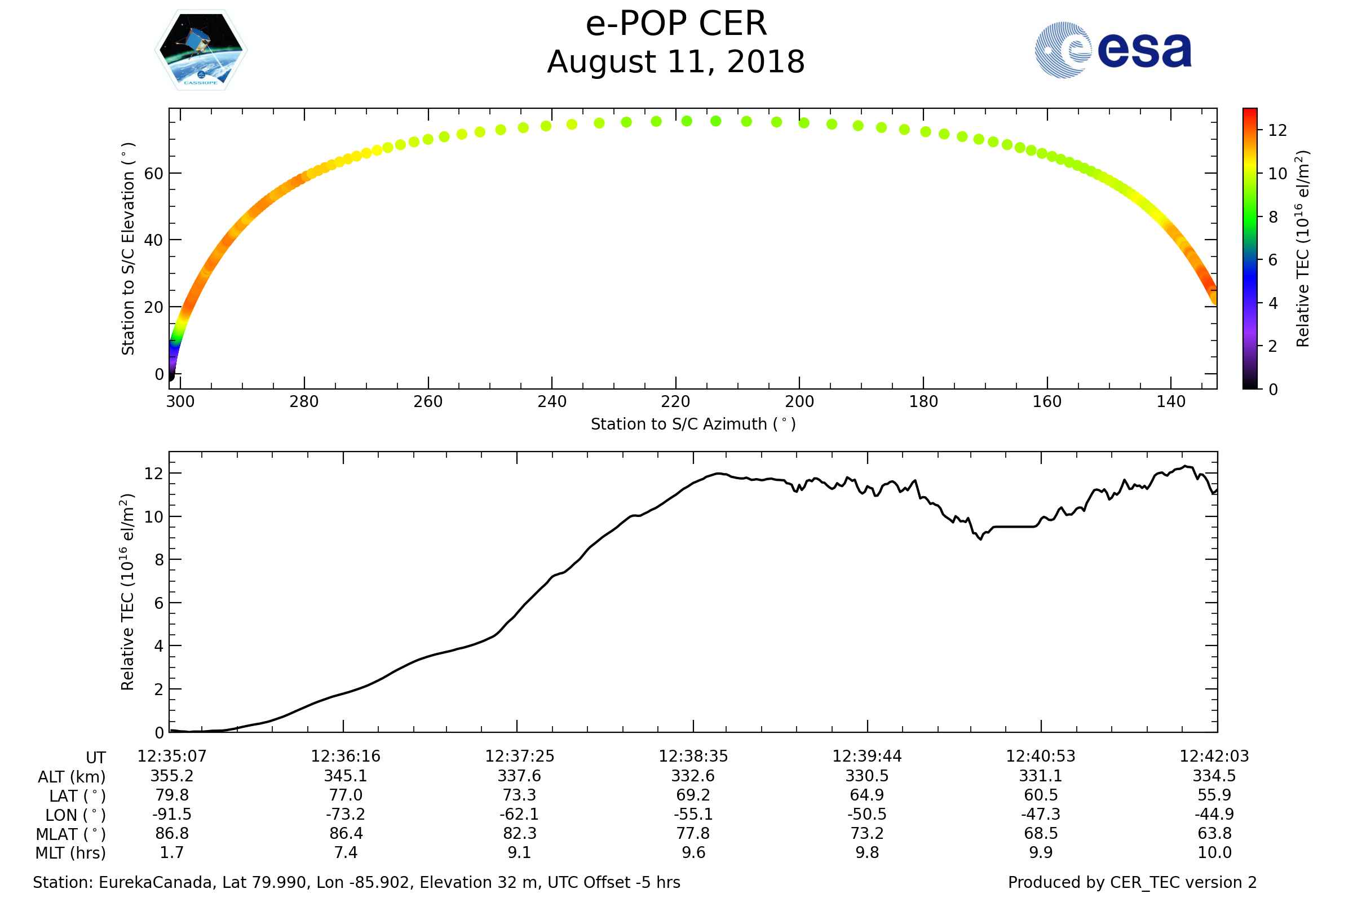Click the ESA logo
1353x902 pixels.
click(x=1112, y=50)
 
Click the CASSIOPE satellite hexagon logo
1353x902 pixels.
click(x=201, y=50)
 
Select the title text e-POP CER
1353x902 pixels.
click(x=676, y=24)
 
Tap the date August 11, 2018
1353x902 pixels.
click(x=676, y=62)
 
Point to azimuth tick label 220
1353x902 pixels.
click(x=675, y=401)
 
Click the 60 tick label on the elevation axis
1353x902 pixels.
click(x=153, y=174)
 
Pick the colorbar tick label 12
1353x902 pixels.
click(x=1277, y=131)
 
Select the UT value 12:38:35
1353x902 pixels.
click(x=693, y=757)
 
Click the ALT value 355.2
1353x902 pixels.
click(x=172, y=776)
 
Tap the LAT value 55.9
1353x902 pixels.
click(x=1214, y=795)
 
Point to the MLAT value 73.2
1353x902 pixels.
click(x=867, y=834)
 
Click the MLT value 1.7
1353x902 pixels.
click(x=172, y=852)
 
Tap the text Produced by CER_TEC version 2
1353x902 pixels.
click(x=1132, y=883)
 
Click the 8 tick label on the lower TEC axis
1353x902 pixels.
click(x=160, y=560)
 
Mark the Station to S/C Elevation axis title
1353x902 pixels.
click(x=128, y=249)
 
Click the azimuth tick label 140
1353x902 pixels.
click(x=1171, y=401)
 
